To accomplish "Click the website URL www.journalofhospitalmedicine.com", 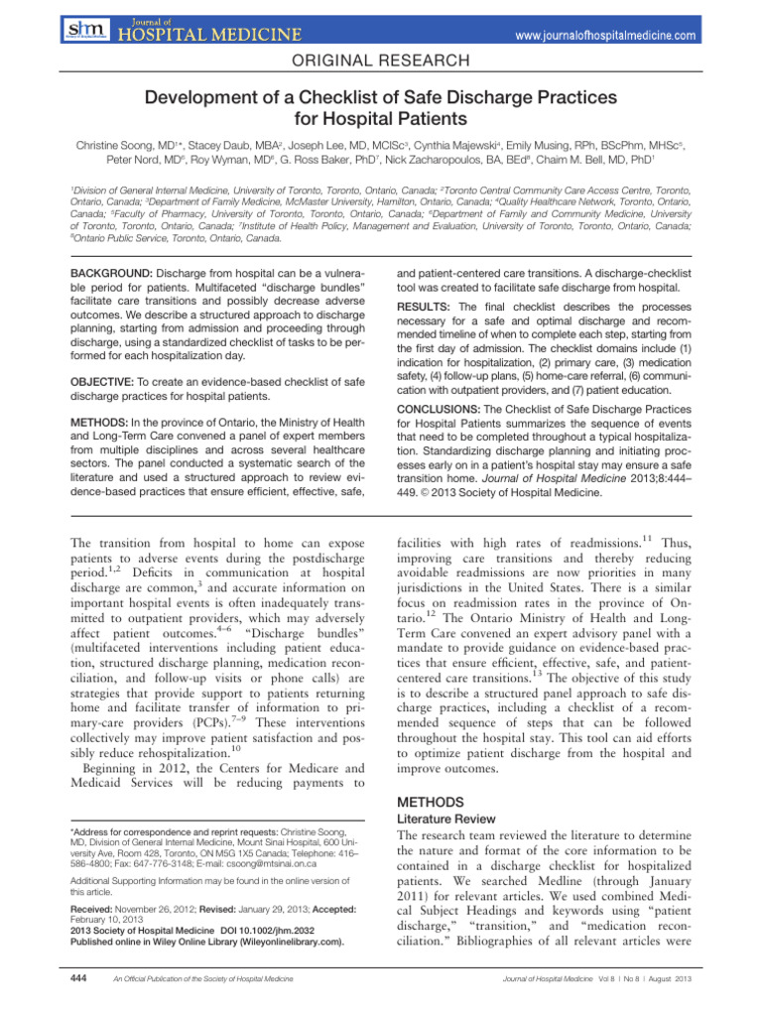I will (x=633, y=35).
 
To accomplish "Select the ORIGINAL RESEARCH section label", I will (x=381, y=62).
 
